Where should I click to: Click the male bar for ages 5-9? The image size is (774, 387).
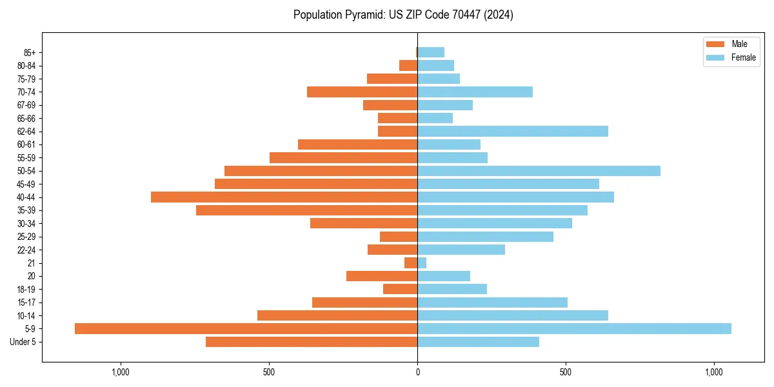pos(246,328)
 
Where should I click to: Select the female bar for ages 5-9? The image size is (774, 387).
pos(574,328)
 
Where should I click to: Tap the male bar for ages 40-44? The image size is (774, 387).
pos(284,197)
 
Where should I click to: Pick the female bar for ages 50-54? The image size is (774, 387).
pos(539,171)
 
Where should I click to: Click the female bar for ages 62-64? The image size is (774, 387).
pos(513,131)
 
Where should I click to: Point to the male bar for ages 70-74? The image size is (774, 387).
pos(362,92)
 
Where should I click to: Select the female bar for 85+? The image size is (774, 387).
pos(431,52)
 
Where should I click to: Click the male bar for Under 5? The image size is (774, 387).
pos(312,342)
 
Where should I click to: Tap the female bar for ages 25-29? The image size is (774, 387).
pos(485,237)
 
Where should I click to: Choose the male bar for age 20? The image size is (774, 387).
pos(382,276)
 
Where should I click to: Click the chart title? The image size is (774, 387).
pos(403,15)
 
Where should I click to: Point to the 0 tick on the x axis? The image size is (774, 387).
pos(417,372)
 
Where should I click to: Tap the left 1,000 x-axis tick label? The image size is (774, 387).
pos(121,372)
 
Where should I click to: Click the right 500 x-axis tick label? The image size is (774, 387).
pos(566,372)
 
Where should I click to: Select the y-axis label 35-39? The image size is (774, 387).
pos(26,210)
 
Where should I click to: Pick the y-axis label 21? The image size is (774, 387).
pos(31,263)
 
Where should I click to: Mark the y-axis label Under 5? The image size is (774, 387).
pos(23,342)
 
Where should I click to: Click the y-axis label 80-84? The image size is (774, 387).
pos(26,66)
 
